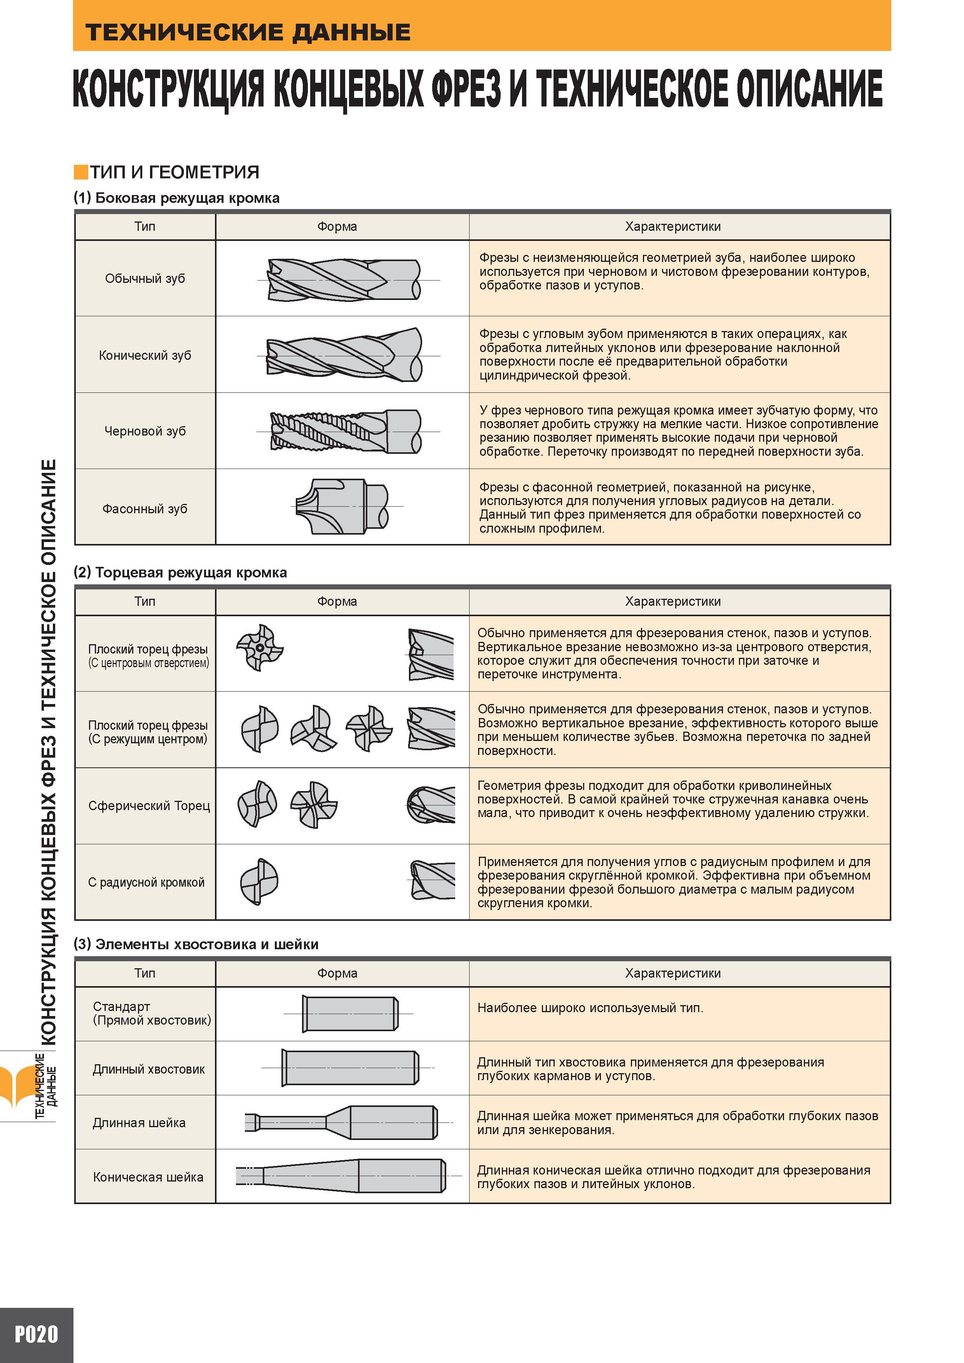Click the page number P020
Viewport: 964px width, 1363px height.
[36, 1335]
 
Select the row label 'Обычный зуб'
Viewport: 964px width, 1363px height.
[145, 279]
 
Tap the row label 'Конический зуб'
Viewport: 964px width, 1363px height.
[145, 355]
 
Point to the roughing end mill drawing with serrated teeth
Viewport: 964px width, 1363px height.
[345, 431]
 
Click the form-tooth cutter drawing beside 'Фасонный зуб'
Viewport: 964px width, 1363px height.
[342, 506]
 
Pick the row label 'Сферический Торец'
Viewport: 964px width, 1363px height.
[149, 805]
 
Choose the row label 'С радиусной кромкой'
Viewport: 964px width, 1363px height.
[146, 882]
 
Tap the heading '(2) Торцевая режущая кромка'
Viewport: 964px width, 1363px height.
[180, 572]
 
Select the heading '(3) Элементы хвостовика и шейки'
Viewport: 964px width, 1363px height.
[196, 944]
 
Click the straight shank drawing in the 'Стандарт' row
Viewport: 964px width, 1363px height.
[351, 1013]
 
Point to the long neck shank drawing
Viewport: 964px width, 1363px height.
[342, 1122]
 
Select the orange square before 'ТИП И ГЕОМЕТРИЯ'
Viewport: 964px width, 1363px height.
[81, 172]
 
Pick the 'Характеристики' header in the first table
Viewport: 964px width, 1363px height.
[673, 226]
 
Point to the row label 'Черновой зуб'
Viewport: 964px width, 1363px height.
[145, 431]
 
